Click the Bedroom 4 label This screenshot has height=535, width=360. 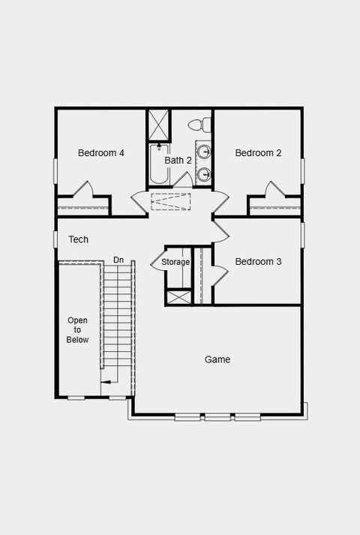101,153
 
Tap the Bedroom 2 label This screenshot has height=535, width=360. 258,153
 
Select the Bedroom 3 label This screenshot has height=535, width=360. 258,262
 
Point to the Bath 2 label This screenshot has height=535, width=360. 178,160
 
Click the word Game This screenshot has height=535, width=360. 217,359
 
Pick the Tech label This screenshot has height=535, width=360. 79,239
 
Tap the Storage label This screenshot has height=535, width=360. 175,262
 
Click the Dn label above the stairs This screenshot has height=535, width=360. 118,260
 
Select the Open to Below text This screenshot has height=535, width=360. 78,330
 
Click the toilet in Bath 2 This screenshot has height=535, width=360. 197,125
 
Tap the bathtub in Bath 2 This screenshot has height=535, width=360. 157,164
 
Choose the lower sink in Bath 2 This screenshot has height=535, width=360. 204,175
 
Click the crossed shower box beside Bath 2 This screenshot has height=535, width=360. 158,125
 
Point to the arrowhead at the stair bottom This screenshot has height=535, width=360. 108,382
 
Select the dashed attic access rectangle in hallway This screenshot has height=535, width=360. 171,200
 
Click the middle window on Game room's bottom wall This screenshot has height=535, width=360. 217,417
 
